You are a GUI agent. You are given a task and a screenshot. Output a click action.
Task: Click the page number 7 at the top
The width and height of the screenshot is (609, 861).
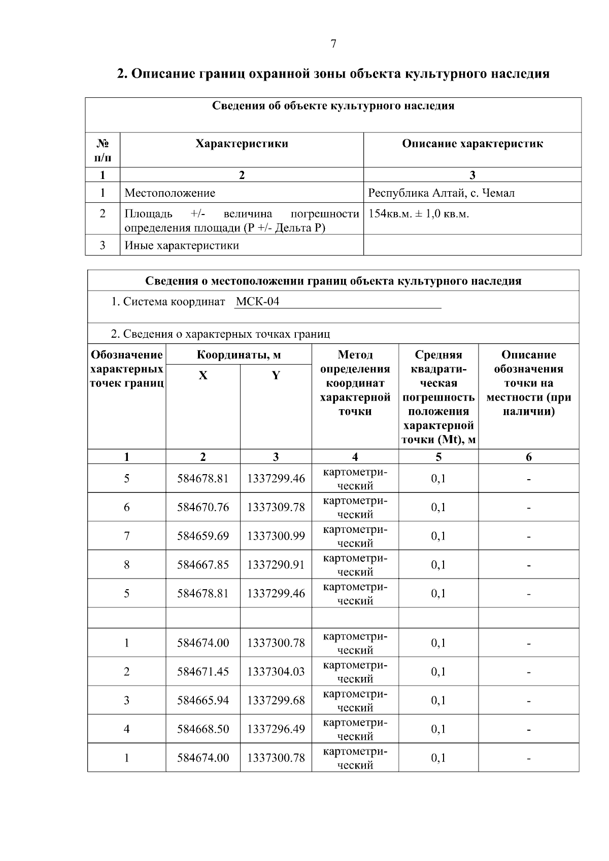(x=333, y=44)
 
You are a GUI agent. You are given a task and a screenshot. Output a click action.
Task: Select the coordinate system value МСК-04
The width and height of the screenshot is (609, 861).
(x=257, y=302)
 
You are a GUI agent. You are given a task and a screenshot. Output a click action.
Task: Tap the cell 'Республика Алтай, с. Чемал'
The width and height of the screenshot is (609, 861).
(x=441, y=193)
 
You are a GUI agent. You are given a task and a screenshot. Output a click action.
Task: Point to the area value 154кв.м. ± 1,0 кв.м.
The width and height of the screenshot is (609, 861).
(x=419, y=214)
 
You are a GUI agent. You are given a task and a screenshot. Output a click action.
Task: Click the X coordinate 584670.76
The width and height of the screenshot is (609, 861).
(x=203, y=507)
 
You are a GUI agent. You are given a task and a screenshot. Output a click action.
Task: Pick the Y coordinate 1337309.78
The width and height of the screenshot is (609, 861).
(x=276, y=507)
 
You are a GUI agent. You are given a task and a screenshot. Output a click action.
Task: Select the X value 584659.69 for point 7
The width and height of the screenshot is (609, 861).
(x=203, y=536)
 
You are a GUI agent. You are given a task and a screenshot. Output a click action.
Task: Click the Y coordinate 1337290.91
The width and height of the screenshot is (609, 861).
(x=276, y=565)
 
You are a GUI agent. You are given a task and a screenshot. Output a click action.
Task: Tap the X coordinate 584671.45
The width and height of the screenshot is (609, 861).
(x=203, y=672)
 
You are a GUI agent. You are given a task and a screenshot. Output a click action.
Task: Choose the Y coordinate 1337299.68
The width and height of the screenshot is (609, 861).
(x=276, y=700)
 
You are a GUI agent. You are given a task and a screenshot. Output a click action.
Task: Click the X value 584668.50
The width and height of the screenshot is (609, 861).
(x=203, y=729)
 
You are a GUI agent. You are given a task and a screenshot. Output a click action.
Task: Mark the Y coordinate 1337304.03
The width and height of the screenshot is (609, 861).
(x=276, y=672)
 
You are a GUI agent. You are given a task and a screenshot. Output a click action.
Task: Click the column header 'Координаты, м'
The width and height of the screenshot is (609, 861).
(x=239, y=354)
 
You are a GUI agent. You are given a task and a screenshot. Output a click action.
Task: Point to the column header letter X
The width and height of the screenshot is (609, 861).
(x=203, y=376)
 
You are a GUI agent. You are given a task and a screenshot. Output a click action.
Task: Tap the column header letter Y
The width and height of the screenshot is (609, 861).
(x=276, y=376)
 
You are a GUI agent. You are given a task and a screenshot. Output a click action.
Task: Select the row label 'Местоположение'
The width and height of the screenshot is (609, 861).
(x=170, y=193)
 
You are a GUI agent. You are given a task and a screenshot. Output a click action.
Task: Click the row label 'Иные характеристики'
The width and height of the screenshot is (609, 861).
(x=182, y=246)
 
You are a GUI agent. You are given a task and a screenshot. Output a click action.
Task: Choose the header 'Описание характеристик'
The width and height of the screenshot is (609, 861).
(x=472, y=144)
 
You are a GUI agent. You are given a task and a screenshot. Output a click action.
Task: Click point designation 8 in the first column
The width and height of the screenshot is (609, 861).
(x=126, y=565)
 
